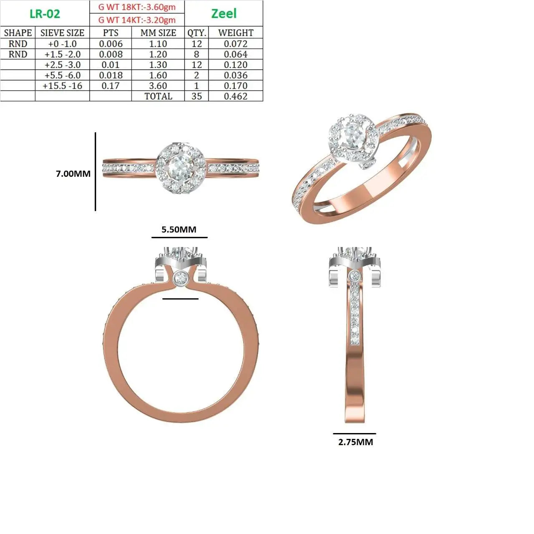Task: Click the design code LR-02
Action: coord(45,14)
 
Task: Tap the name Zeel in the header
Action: coord(224,14)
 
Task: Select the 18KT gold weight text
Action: coord(137,7)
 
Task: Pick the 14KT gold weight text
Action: coord(137,20)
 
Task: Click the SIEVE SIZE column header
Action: coord(62,33)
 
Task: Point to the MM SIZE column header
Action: coord(158,33)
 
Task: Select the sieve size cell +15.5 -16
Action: coord(62,86)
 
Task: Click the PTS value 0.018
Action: coord(111,75)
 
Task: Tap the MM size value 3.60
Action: coord(158,86)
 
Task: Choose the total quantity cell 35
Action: coord(196,96)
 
